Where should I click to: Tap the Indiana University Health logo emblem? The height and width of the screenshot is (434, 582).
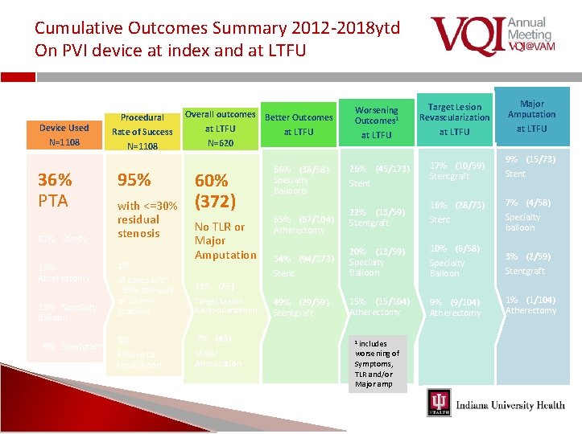pyautogui.click(x=439, y=403)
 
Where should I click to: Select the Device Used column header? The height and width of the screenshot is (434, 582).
pyautogui.click(x=64, y=134)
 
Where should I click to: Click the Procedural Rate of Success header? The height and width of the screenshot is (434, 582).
pyautogui.click(x=142, y=131)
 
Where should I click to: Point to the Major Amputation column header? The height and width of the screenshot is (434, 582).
pyautogui.click(x=531, y=116)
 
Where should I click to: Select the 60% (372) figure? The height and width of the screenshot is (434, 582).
pyautogui.click(x=215, y=190)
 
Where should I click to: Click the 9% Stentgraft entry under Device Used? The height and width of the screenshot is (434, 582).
pyautogui.click(x=72, y=346)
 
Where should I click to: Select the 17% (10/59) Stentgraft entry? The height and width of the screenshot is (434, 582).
pyautogui.click(x=456, y=170)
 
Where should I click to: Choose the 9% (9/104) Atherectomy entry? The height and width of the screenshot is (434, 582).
pyautogui.click(x=456, y=307)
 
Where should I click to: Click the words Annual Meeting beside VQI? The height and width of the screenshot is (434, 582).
pyautogui.click(x=530, y=29)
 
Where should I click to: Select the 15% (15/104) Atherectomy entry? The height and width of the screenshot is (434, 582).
pyautogui.click(x=379, y=307)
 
